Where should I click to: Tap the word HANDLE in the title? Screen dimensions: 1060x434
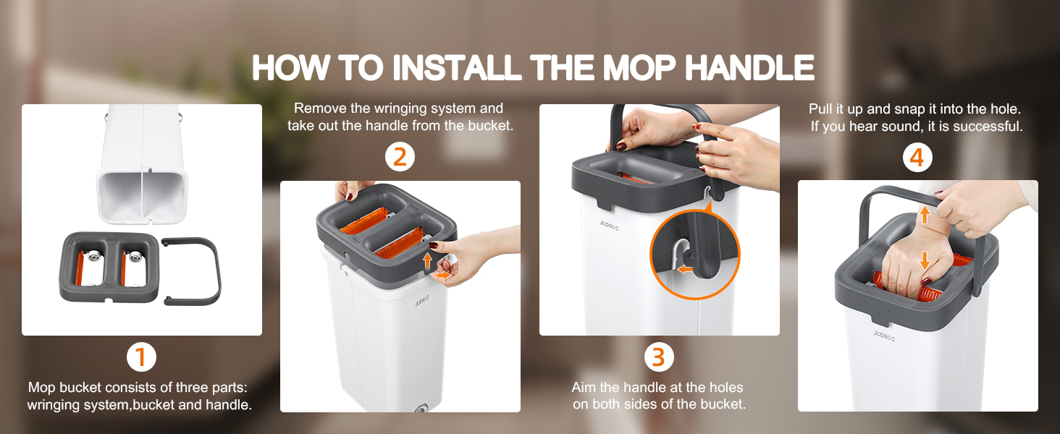coord(749,67)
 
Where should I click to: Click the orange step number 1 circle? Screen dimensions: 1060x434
coord(141,357)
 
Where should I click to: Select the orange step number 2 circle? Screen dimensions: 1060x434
coord(400,157)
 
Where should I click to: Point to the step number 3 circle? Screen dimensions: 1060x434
coord(659,357)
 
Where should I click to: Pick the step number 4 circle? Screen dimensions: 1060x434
coord(917,158)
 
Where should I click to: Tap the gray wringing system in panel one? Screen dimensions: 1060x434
coord(109,267)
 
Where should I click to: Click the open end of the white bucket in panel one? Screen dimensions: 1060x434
coord(143,195)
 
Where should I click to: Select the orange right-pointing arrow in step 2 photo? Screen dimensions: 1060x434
coord(443,275)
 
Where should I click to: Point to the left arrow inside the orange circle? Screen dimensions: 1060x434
coord(685,270)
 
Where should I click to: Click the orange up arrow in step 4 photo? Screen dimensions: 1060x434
coord(925,214)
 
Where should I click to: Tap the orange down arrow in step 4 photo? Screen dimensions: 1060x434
coord(925,260)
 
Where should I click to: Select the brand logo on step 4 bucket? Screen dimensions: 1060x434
coord(884,336)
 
